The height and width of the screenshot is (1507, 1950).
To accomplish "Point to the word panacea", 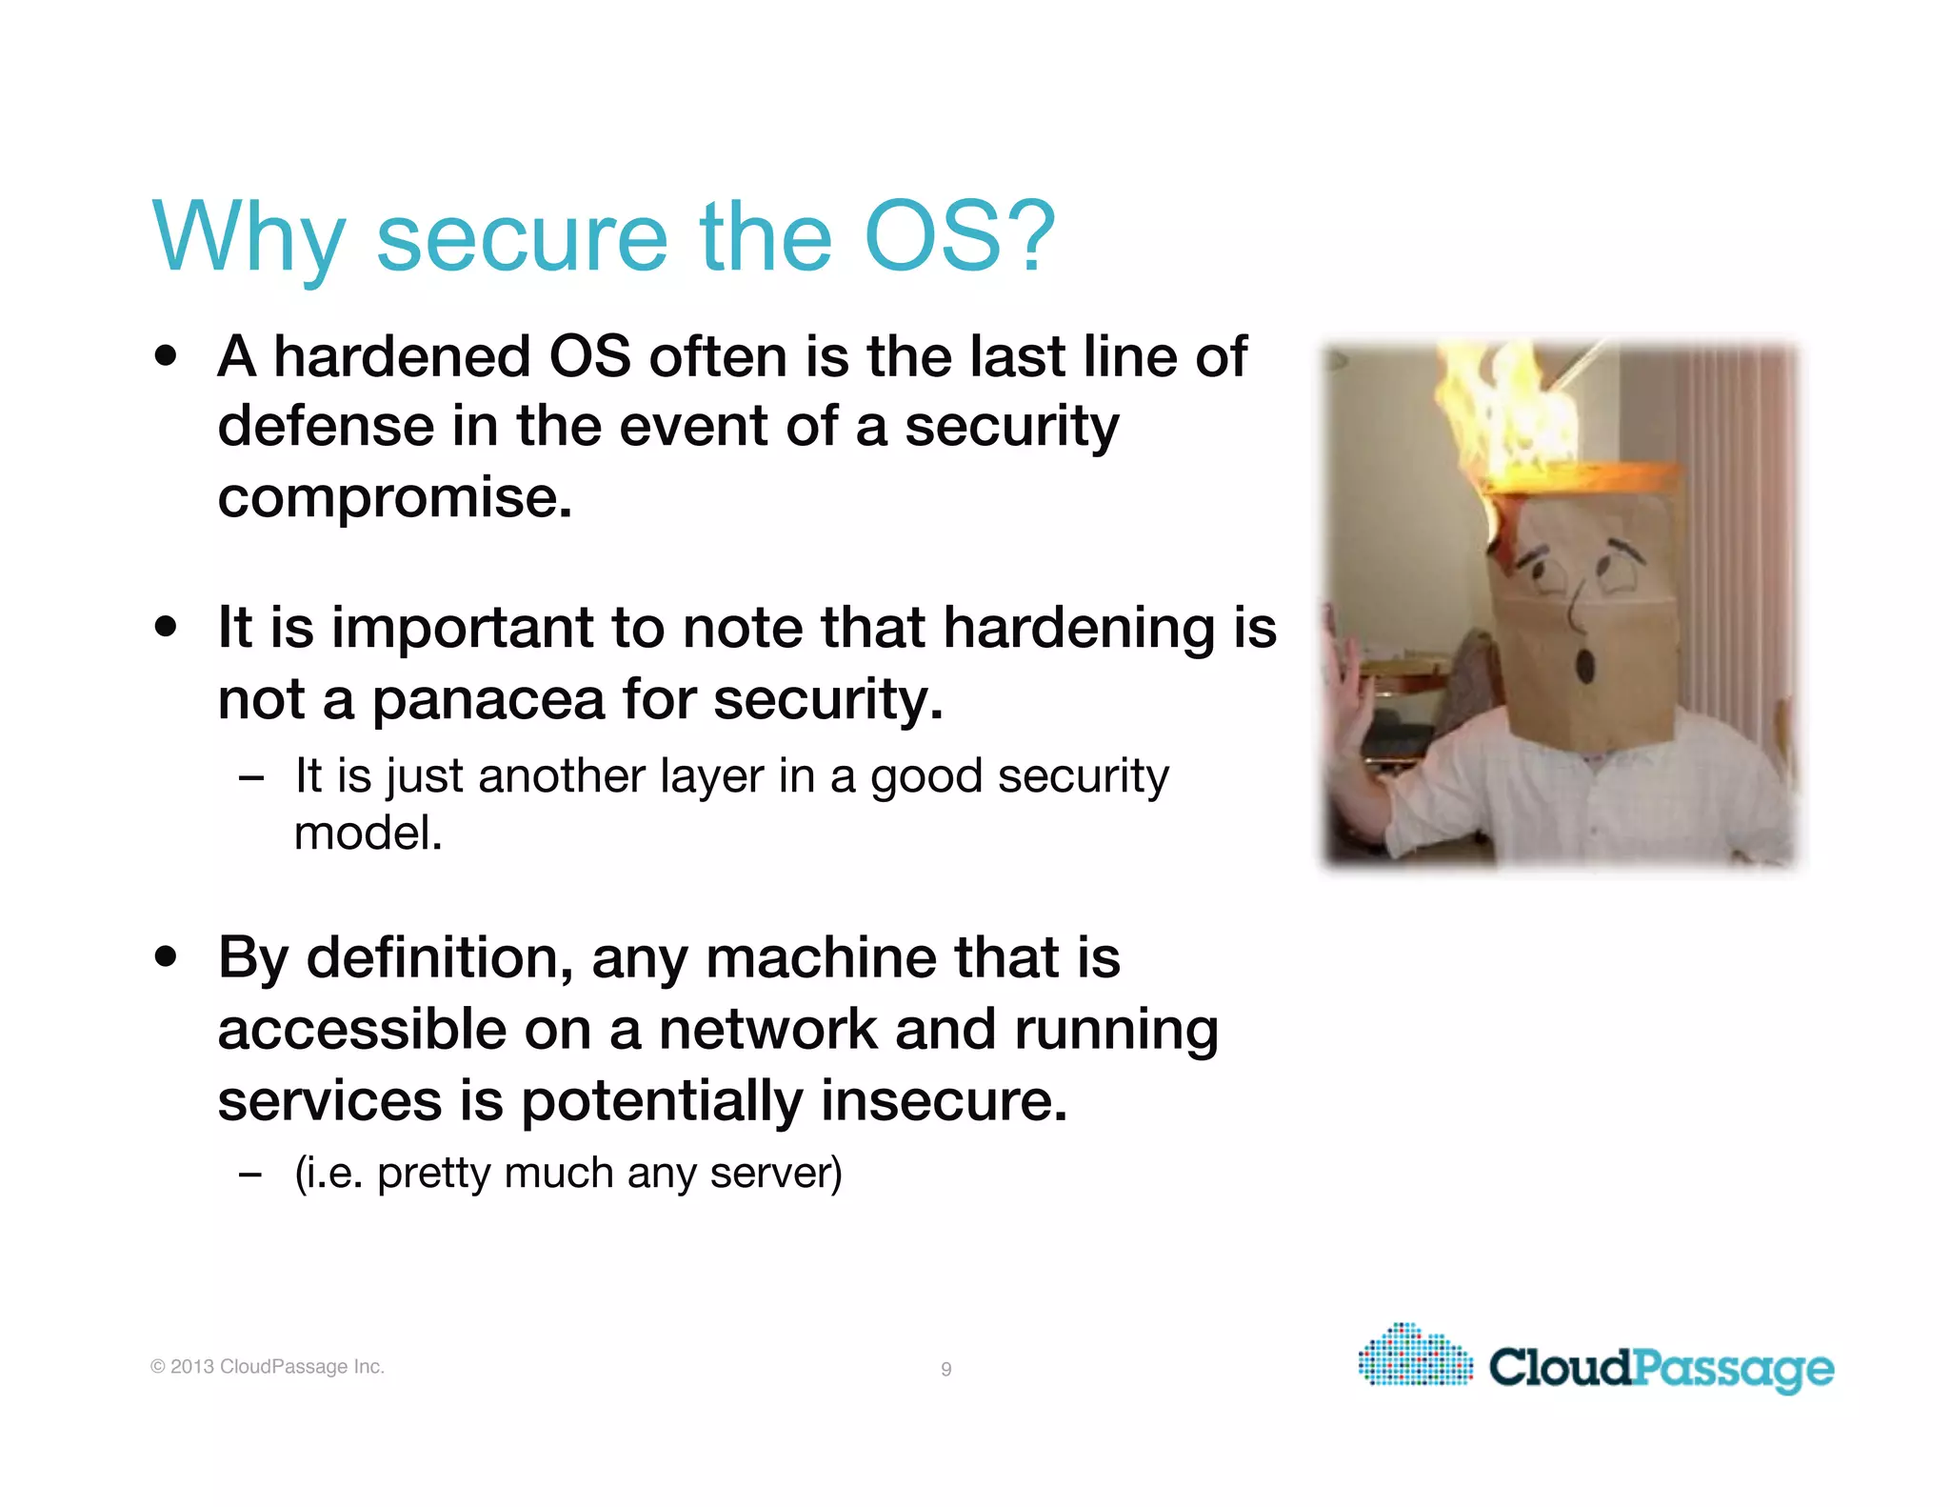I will (487, 699).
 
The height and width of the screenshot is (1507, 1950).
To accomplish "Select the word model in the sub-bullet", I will (368, 834).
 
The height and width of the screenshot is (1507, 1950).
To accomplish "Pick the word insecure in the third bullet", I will (944, 1101).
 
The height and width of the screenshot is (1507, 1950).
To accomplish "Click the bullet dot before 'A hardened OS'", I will (167, 356).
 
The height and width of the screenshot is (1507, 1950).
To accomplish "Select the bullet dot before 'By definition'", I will (167, 956).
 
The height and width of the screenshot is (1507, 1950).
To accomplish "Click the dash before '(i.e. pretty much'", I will (250, 1175).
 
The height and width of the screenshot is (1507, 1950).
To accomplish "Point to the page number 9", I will (945, 1369).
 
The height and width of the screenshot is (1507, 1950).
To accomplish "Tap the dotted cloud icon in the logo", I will (1416, 1354).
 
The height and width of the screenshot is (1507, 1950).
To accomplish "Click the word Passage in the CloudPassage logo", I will (1733, 1369).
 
